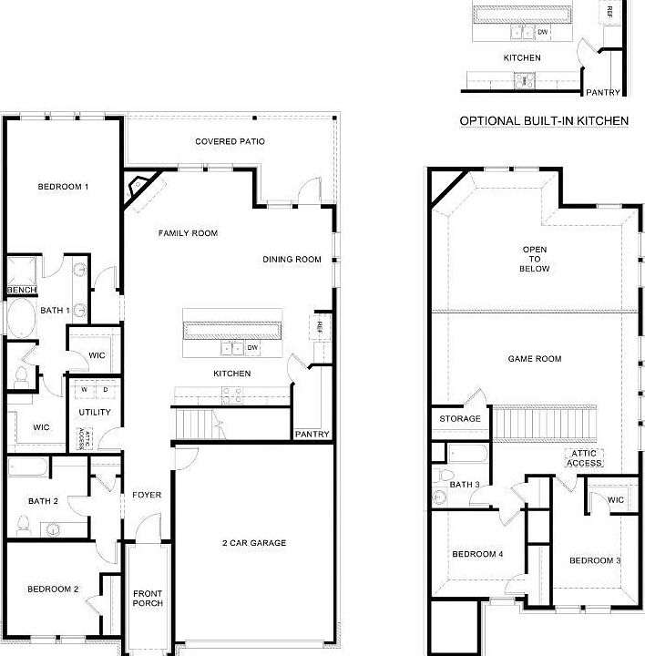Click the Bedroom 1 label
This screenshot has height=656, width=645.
(x=63, y=188)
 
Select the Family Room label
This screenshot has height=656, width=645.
(x=188, y=233)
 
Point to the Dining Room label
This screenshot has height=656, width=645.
(x=292, y=260)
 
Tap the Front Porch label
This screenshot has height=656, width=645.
(x=148, y=598)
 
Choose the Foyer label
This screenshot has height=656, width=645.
(x=147, y=496)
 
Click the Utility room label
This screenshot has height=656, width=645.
(x=95, y=413)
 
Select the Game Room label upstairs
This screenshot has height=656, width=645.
(x=534, y=359)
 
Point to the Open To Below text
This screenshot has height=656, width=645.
(x=535, y=259)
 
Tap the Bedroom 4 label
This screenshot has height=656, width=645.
(x=477, y=555)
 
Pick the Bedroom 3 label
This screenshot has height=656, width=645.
(x=595, y=559)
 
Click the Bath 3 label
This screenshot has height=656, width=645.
(x=465, y=484)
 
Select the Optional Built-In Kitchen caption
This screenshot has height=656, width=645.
(x=544, y=120)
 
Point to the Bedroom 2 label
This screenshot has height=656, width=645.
(x=52, y=589)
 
